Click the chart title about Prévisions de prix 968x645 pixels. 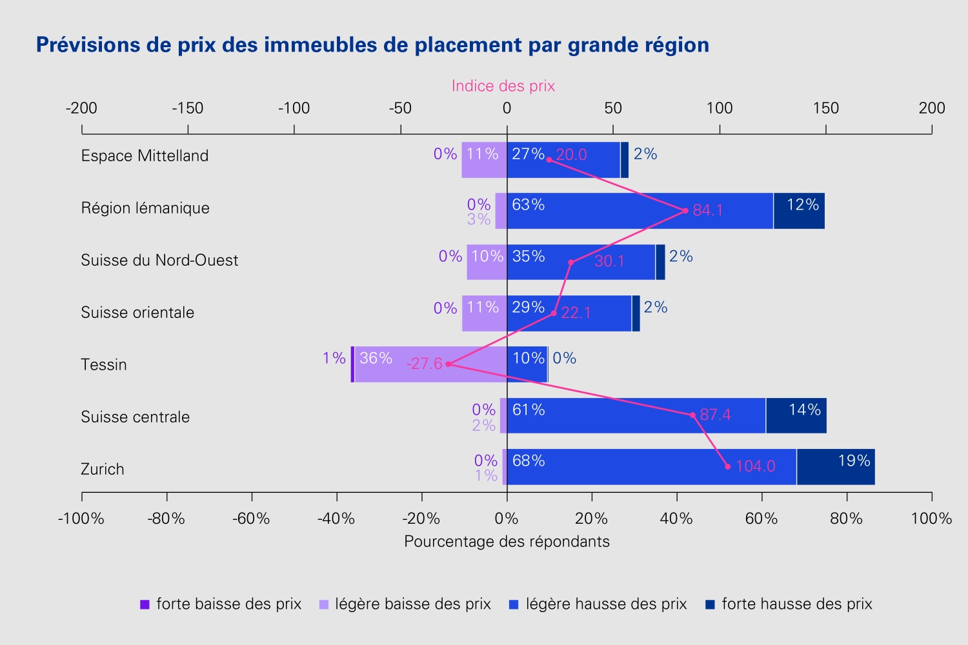[372, 45]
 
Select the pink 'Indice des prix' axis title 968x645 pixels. [503, 86]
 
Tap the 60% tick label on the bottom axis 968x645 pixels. [761, 518]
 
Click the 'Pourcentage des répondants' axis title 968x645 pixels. [507, 541]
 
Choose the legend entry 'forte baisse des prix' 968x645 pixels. [221, 604]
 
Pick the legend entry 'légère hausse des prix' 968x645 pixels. [598, 604]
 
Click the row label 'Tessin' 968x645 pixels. [104, 364]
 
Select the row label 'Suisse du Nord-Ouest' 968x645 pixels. [159, 260]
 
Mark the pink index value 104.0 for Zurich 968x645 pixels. [756, 466]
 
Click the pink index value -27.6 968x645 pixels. [425, 364]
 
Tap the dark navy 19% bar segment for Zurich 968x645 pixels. [836, 466]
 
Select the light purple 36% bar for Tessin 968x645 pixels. [430, 364]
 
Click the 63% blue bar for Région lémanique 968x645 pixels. [640, 211]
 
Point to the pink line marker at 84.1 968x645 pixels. [685, 211]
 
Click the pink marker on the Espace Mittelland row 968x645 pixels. [549, 160]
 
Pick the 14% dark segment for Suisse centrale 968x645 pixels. [796, 415]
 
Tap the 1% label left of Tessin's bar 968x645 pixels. [334, 358]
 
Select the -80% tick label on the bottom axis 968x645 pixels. [166, 518]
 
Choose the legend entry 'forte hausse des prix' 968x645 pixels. [789, 604]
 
